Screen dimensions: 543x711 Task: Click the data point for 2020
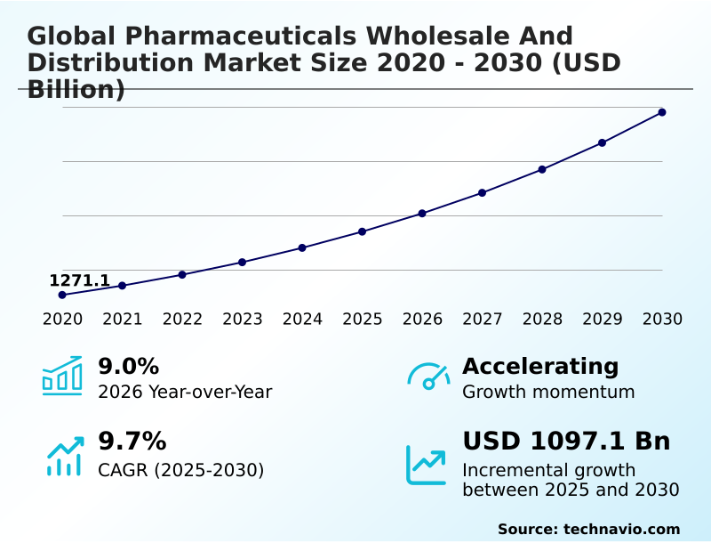click(x=62, y=295)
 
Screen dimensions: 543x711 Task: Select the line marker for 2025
click(x=362, y=231)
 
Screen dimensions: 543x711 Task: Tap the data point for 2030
click(x=662, y=112)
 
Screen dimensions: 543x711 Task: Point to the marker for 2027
click(x=482, y=192)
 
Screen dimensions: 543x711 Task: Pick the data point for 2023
click(x=242, y=262)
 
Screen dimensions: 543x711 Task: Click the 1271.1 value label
click(x=79, y=281)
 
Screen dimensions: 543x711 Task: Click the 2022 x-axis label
click(x=182, y=319)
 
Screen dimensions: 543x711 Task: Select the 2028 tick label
click(x=542, y=319)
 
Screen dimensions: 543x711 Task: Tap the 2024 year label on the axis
click(x=302, y=319)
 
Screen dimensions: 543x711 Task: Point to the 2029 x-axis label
click(x=602, y=319)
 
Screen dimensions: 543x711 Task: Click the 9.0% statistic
click(x=128, y=366)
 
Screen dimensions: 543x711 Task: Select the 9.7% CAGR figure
click(x=132, y=441)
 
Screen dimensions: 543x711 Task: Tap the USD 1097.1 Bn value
click(x=566, y=441)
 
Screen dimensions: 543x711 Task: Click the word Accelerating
click(x=540, y=366)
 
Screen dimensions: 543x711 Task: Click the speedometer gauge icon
click(x=428, y=376)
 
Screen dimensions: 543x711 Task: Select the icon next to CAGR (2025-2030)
click(x=64, y=456)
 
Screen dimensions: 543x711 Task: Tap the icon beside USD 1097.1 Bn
click(x=427, y=464)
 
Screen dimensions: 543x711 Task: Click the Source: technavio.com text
click(x=588, y=529)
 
